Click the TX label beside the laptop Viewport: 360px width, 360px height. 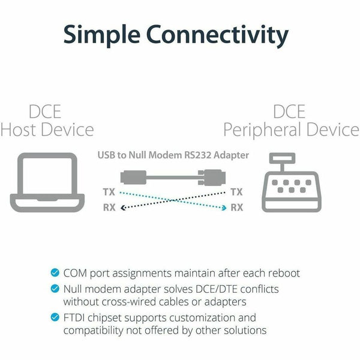point(109,193)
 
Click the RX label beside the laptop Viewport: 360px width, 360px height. point(109,208)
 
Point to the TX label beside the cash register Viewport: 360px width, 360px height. point(237,193)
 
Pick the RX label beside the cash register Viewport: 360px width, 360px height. point(237,208)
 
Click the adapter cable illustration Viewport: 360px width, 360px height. point(173,177)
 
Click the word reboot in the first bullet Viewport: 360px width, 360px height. point(282,274)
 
